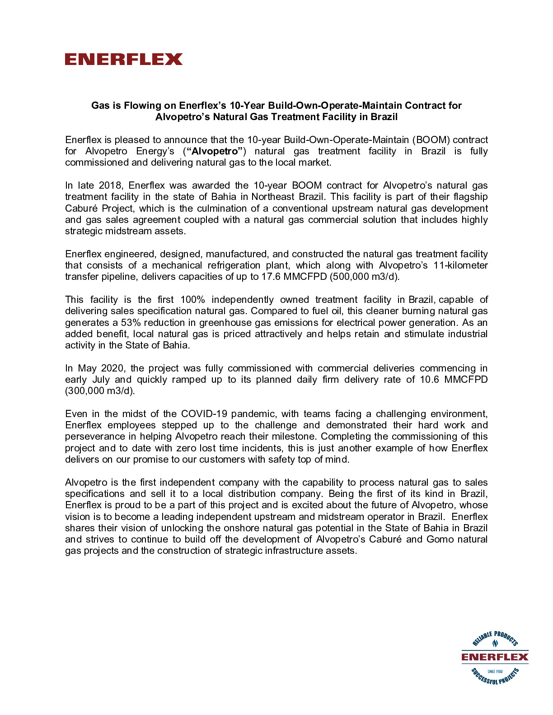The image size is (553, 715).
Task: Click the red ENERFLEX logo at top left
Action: point(123,59)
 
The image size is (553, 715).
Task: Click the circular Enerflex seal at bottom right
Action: point(495,657)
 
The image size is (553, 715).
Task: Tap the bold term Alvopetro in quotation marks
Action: point(215,151)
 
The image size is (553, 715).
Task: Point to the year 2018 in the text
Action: point(111,186)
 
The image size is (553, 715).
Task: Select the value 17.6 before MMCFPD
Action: point(271,277)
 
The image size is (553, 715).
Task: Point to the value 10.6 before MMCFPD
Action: point(429,380)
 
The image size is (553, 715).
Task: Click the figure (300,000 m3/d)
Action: point(100,391)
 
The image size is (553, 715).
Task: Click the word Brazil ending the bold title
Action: point(384,117)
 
